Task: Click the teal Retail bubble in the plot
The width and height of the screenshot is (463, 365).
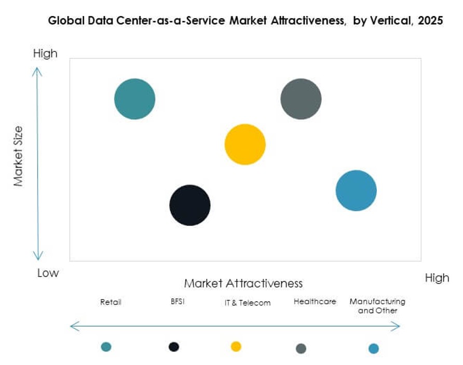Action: point(134,99)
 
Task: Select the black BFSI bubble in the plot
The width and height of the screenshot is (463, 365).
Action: point(190,205)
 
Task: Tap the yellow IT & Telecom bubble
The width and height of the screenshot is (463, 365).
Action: point(245,144)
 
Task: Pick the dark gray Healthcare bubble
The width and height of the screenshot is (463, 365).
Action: point(301,99)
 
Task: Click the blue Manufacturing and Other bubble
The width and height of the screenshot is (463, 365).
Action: point(356,191)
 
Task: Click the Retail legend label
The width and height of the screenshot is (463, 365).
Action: point(111,302)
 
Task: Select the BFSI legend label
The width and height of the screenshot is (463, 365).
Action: point(177,301)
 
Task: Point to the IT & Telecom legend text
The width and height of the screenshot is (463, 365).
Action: point(248,303)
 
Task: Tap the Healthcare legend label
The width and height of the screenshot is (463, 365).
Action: point(315,301)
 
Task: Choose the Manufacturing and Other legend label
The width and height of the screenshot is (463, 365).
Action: point(377,306)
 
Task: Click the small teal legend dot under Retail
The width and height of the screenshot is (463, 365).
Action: point(106,347)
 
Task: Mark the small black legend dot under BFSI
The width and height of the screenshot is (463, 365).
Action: point(174,347)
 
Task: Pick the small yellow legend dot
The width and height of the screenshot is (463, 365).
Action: point(236,346)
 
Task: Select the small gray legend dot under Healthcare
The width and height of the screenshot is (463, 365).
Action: point(301,348)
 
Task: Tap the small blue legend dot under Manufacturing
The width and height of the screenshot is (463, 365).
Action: point(373,348)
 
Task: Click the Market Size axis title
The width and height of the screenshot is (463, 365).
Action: point(19,156)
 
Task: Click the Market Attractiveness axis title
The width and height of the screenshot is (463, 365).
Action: point(243,283)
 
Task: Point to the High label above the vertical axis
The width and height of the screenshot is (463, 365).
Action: point(45,53)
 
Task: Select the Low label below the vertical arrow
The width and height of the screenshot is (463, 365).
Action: point(48,273)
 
